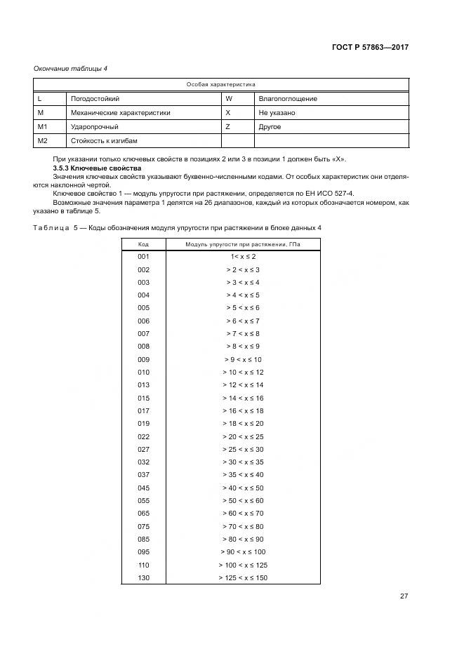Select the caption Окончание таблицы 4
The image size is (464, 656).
click(70, 68)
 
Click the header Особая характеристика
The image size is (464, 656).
click(220, 84)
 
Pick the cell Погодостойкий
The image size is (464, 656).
click(95, 99)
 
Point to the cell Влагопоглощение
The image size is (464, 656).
click(288, 99)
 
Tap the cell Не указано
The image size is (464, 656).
click(277, 113)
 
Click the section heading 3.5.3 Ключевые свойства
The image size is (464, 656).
click(98, 169)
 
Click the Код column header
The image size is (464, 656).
click(143, 243)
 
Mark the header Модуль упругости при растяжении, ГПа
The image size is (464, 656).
click(242, 243)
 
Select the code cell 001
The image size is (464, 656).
click(143, 257)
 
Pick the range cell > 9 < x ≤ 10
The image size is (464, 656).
click(242, 359)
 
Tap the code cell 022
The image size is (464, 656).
click(143, 436)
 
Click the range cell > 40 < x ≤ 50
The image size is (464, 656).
click(242, 488)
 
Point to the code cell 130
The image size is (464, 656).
click(143, 577)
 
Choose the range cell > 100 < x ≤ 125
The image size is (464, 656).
click(242, 565)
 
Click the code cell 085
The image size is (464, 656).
click(143, 539)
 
